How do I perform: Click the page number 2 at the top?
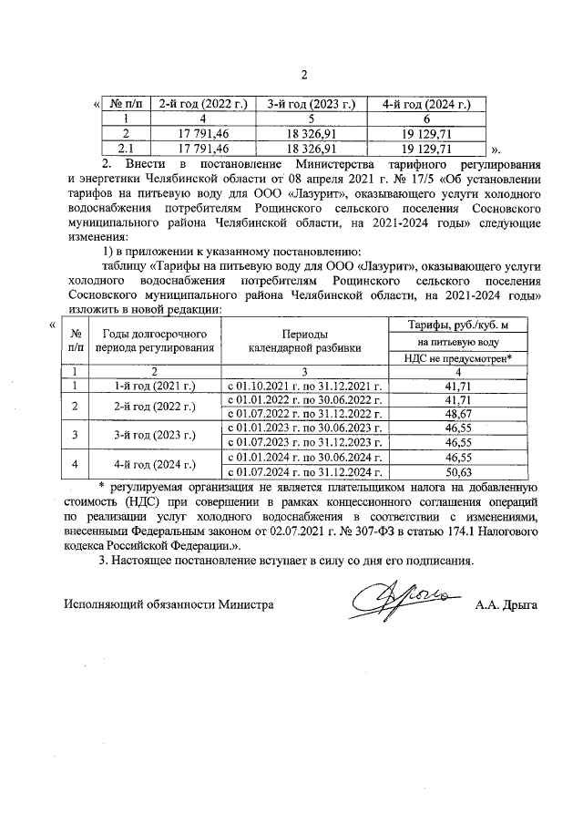point(305,75)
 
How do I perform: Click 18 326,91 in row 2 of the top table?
point(311,133)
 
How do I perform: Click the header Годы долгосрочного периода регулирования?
point(154,341)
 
